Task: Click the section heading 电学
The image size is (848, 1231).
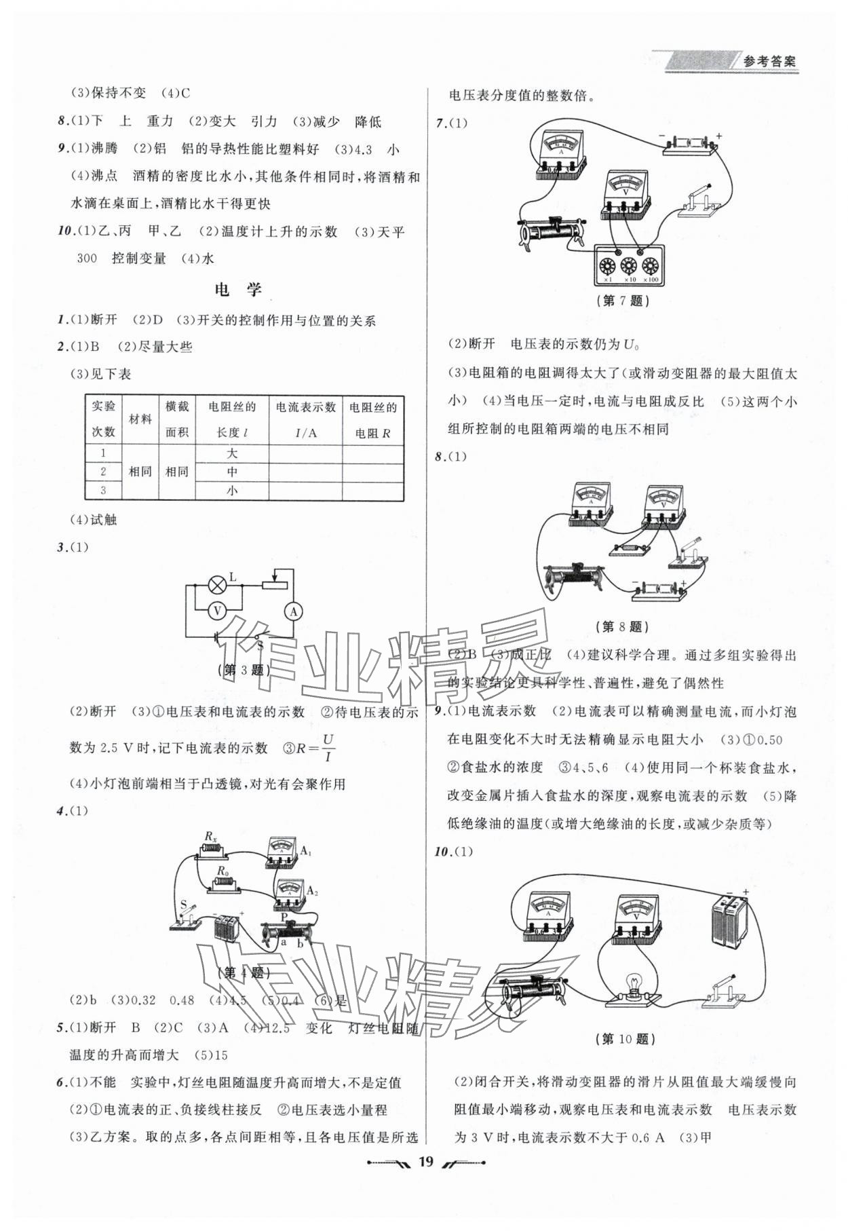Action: [x=237, y=290]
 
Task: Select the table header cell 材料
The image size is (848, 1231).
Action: [x=140, y=419]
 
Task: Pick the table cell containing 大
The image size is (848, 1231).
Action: [x=232, y=453]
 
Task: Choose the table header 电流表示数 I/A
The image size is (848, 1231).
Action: [x=305, y=419]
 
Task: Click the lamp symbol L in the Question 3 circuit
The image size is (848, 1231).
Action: [x=217, y=584]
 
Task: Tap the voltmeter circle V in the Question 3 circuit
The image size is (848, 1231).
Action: [x=217, y=611]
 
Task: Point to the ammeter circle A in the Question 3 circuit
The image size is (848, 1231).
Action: [x=294, y=611]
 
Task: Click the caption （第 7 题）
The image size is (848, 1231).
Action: [x=625, y=301]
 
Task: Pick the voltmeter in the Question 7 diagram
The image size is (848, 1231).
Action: [x=625, y=194]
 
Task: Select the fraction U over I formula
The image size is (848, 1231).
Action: [x=329, y=747]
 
